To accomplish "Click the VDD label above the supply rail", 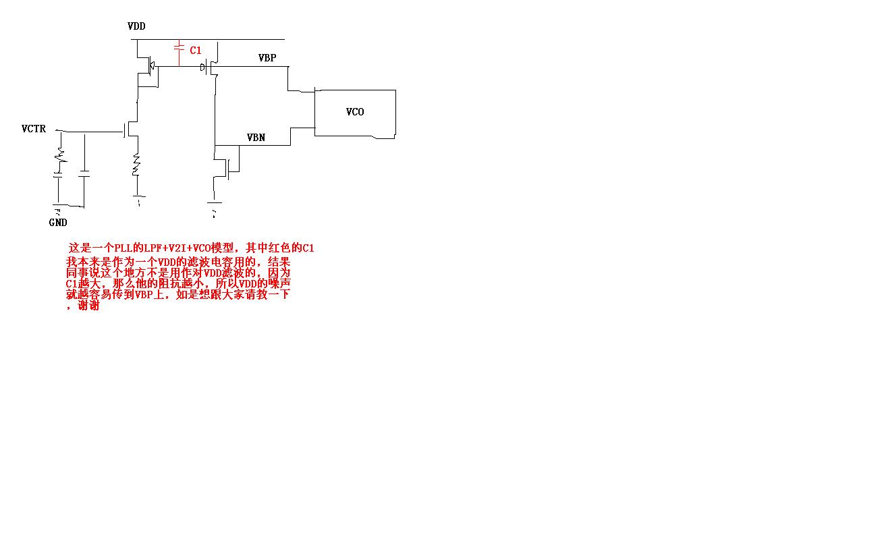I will [x=136, y=26].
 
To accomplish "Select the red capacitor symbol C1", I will [x=179, y=49].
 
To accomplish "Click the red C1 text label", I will [x=196, y=51].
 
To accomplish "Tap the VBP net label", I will [x=267, y=58].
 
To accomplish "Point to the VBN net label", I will [x=256, y=138].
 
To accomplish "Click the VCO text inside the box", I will [x=355, y=112].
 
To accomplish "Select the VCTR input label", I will [x=34, y=129].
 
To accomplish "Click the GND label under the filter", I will [x=58, y=223].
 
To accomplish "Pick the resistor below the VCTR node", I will [x=60, y=156].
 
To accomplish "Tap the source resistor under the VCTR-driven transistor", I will [x=136, y=164].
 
